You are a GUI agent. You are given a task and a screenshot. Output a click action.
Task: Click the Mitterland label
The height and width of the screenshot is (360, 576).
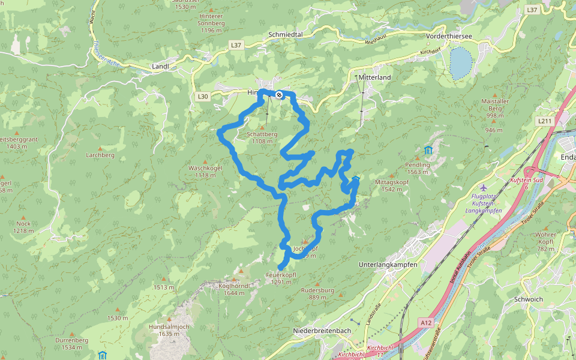coord(374,78)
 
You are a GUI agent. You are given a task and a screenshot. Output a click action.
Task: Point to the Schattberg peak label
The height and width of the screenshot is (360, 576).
coord(262,134)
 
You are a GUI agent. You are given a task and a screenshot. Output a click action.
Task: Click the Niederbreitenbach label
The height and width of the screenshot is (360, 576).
coord(322,331)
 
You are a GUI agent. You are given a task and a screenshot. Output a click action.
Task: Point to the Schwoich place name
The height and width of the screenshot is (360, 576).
coord(529,299)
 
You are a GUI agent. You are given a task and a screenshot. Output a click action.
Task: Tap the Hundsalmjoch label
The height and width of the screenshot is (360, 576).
coord(169,326)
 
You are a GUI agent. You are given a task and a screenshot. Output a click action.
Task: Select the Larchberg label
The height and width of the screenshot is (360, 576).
coord(100,155)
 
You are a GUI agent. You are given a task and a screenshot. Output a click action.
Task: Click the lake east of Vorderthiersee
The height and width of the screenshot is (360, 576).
coord(461,63)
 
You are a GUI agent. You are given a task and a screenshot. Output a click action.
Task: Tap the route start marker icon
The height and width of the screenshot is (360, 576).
coord(279,94)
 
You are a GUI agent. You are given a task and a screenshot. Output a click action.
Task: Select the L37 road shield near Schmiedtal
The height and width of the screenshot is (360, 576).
coord(236,45)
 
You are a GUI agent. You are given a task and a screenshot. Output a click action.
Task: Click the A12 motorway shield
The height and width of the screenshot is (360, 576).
coord(426,323)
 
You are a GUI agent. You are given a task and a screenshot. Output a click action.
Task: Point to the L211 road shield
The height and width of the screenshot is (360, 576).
coord(545,121)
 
